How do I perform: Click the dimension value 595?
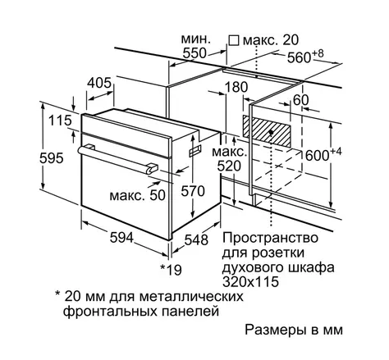tap(52, 158)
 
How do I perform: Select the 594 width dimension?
tap(121, 237)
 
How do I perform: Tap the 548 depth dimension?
tap(196, 239)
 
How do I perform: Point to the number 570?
tap(193, 191)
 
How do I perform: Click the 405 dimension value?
tap(99, 83)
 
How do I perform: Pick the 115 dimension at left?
tap(60, 121)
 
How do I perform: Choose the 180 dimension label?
tap(236, 87)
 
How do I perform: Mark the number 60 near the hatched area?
tap(300, 100)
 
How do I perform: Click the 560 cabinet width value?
tap(299, 58)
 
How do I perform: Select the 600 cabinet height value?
tap(317, 156)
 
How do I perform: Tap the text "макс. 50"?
tap(138, 195)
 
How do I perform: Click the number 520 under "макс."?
tap(229, 166)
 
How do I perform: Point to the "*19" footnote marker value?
tap(171, 270)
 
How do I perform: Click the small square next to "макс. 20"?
tap(234, 40)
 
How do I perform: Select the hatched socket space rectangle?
tap(267, 130)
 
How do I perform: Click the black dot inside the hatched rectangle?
tap(271, 132)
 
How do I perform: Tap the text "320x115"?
tap(250, 282)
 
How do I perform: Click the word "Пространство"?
tap(270, 238)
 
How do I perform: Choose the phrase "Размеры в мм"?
tap(294, 330)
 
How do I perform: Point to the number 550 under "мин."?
tap(194, 53)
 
